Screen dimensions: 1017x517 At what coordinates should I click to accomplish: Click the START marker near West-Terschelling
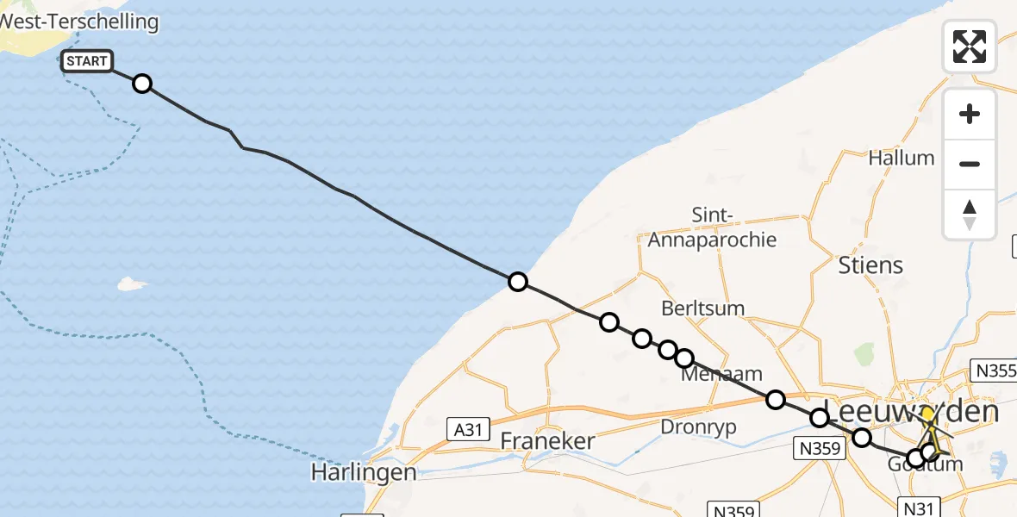coord(86,61)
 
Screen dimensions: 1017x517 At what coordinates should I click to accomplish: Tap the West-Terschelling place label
coord(82,22)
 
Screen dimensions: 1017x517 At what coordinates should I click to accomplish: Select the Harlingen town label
coord(364,472)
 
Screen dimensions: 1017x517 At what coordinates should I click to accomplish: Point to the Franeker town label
coord(548,441)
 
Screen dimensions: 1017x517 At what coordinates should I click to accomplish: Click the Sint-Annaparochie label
coord(712,227)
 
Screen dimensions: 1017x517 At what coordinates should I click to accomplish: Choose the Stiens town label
coord(870,265)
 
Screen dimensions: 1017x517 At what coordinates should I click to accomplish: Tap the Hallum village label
coord(902,158)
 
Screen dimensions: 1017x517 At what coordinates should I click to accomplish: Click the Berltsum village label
coord(703,308)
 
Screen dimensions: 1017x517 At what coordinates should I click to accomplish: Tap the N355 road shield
coord(995,371)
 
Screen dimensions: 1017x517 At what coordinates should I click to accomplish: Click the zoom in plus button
coord(970,114)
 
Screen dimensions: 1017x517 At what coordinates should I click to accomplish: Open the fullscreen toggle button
coord(970,47)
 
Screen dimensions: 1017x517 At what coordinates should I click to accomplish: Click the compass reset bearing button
coord(970,214)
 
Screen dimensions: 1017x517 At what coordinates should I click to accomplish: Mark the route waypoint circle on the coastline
coord(517,282)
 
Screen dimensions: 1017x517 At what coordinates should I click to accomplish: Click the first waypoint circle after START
coord(142,84)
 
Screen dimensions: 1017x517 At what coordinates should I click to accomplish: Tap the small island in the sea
coord(131,283)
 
